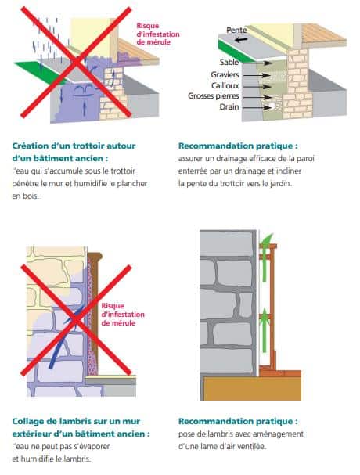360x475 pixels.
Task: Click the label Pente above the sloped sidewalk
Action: (236, 29)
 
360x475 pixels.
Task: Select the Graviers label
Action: (225, 74)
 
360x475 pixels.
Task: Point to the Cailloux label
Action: (225, 85)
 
